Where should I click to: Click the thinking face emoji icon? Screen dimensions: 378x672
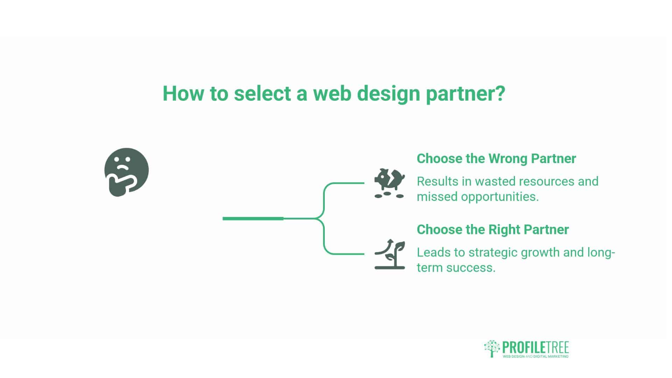126,172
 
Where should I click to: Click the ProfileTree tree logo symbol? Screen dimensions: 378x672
491,348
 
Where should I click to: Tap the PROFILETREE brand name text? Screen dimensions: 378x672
535,347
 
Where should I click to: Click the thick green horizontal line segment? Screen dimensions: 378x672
253,219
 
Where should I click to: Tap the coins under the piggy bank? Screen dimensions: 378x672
389,195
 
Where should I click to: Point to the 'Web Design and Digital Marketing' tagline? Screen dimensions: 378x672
535,357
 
